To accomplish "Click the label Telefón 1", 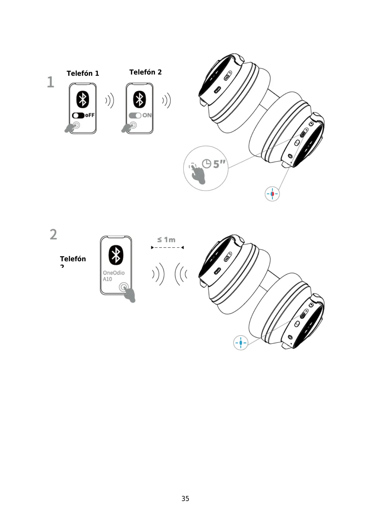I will pos(83,74).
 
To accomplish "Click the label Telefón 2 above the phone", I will pos(145,72).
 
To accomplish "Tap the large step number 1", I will pos(50,82).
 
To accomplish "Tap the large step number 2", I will pos(54,234).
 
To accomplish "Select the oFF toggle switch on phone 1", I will pos(78,115).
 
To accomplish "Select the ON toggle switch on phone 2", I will pos(135,115).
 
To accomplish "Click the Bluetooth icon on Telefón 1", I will pos(83,100).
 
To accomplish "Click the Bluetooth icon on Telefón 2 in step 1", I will pos(140,100).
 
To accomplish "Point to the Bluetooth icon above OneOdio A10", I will pos(116,255).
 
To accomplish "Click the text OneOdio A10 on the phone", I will pos(114,276).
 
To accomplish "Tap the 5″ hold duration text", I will pos(219,164).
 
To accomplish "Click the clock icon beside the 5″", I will pos(207,163).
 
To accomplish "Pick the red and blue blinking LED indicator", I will pos(272,194).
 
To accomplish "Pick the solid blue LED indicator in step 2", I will pos(240,343).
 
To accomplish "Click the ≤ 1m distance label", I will pos(166,240).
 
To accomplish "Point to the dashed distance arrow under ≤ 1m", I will pos(167,248).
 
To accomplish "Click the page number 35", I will pos(185,499).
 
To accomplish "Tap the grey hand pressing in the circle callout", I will pos(198,174).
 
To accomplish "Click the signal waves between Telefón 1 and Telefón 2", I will pos(110,100).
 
